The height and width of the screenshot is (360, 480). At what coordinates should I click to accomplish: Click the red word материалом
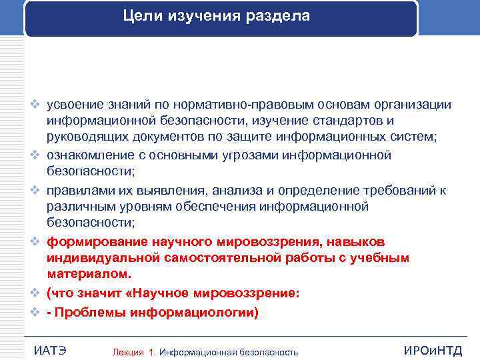point(85,274)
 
